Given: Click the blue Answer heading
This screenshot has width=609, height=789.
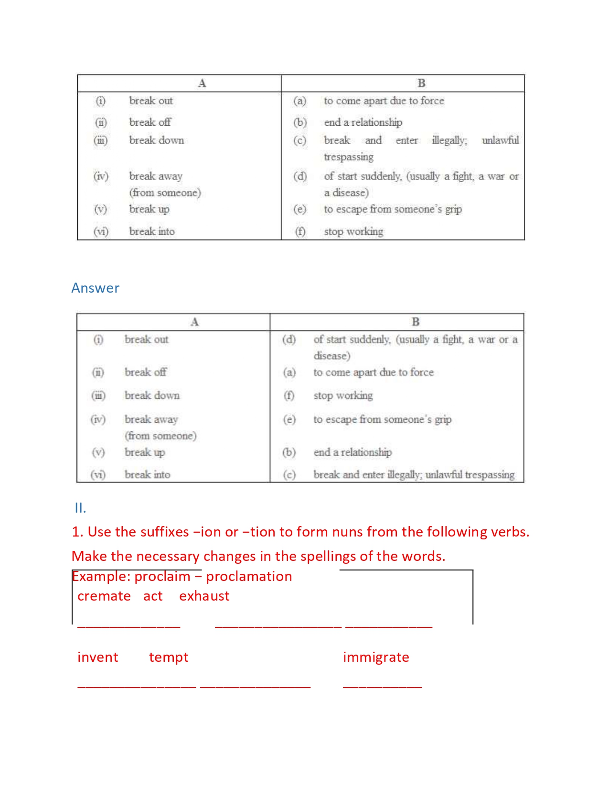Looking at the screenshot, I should coord(95,288).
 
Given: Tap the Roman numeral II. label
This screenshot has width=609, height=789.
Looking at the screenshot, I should coord(80,508).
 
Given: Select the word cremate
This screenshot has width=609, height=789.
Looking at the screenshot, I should coord(104,596).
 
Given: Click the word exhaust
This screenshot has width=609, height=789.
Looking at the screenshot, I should coord(204,596).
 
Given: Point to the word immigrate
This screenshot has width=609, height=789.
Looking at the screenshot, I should coord(376,657).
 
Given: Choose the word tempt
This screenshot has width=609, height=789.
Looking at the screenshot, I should coord(169,657).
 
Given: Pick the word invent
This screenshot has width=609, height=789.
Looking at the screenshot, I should coord(97,657).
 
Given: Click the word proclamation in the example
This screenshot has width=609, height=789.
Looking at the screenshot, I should coord(249,577).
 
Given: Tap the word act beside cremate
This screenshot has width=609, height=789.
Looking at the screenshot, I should coord(153,596).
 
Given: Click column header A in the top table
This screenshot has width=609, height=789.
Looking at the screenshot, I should coord(202,83).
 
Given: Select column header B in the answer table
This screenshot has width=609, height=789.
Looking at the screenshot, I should coord(416,322).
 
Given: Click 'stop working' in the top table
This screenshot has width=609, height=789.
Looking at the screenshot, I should coord(353,232).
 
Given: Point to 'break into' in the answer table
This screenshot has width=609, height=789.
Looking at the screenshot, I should coord(147,475).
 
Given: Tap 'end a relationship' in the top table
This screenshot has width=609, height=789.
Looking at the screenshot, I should coord(363,122).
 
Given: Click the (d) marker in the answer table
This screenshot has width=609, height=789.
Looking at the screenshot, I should coord(289,340).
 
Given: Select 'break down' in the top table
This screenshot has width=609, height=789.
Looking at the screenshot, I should coord(156,141).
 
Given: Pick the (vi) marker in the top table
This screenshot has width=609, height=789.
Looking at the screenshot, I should coord(101,232).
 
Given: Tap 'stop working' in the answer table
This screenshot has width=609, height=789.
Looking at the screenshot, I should coord(343,396).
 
